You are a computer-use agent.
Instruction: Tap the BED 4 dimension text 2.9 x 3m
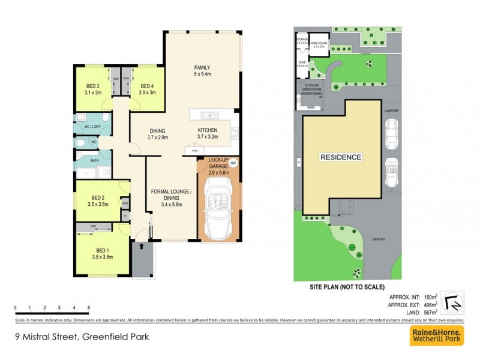pyautogui.click(x=147, y=93)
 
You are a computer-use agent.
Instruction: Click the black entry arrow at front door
pyautogui.click(x=142, y=246)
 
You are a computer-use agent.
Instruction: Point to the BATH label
pyautogui.click(x=86, y=161)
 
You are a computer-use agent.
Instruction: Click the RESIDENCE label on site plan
pyautogui.click(x=340, y=157)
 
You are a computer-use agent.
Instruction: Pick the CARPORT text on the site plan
pyautogui.click(x=392, y=111)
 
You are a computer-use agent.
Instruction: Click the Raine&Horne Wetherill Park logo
pyautogui.click(x=436, y=336)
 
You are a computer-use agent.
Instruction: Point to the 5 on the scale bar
pyautogui.click(x=89, y=307)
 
